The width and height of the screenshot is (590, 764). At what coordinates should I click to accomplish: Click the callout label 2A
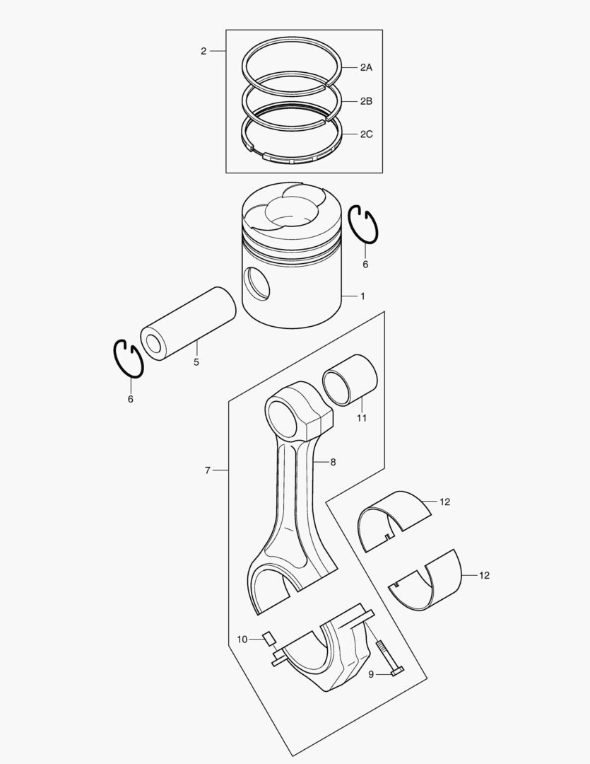tap(365, 68)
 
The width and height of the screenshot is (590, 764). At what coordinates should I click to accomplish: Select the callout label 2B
tap(365, 101)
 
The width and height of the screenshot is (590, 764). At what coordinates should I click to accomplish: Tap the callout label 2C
tap(365, 134)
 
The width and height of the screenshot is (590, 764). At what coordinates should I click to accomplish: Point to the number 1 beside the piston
tap(362, 296)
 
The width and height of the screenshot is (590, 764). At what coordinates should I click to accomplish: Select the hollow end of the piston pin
tap(153, 344)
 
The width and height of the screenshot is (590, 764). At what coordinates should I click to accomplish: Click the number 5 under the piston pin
tap(196, 361)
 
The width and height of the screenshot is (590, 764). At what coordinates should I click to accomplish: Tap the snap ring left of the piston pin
tap(129, 359)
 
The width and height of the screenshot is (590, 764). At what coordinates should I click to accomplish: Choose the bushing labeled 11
tap(349, 380)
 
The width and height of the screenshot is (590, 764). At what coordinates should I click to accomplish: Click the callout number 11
tap(362, 418)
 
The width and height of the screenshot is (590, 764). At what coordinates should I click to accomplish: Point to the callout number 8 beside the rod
tap(332, 462)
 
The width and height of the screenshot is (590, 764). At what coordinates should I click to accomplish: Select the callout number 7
tap(208, 470)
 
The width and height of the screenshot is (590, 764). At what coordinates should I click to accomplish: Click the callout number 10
tap(242, 639)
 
